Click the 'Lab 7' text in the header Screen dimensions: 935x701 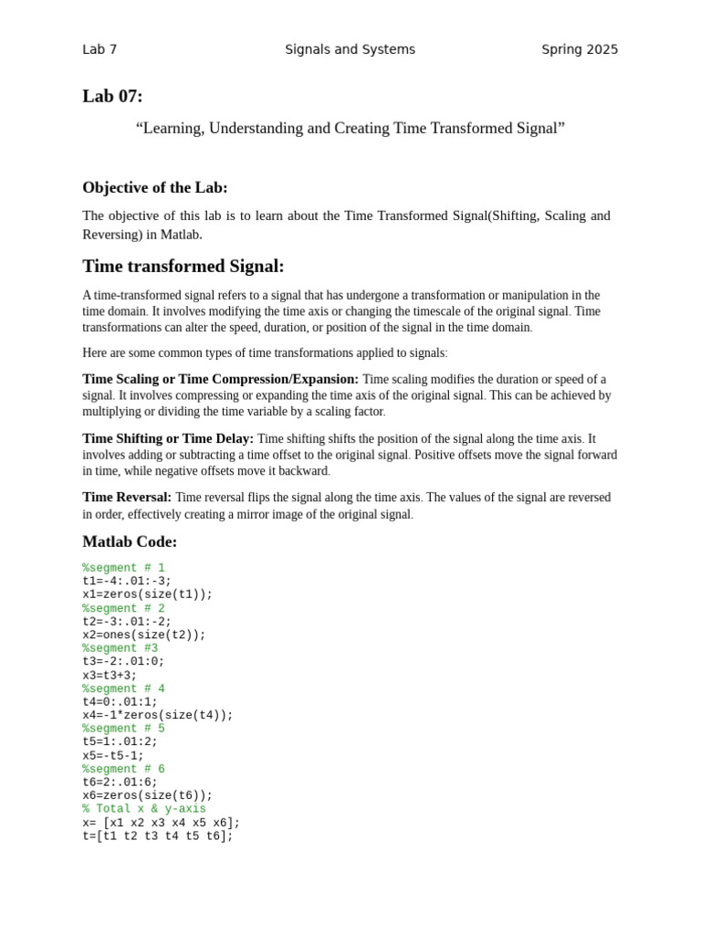point(99,49)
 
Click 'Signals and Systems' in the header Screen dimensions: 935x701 point(350,49)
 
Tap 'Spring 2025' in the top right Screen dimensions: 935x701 point(580,49)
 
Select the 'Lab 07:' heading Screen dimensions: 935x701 point(112,97)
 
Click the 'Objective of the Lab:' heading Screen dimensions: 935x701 point(155,187)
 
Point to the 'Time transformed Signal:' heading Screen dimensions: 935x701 point(183,267)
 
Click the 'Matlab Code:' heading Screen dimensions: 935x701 point(130,541)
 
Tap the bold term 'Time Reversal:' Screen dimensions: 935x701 point(127,498)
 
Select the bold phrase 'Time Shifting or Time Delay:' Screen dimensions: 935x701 point(168,438)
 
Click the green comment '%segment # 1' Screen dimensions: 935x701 point(123,568)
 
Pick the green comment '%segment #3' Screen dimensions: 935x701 point(120,648)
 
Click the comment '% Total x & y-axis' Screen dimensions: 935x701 point(144,809)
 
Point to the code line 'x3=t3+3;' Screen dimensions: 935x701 point(110,676)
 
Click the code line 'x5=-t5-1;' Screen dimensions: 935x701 point(113,756)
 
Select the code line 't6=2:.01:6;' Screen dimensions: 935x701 point(120,783)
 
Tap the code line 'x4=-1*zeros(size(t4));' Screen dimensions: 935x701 point(158,716)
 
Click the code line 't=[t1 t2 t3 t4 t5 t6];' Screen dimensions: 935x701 point(158,835)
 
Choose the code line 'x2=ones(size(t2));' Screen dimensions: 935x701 point(144,636)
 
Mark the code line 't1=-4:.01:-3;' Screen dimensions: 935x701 point(127,582)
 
